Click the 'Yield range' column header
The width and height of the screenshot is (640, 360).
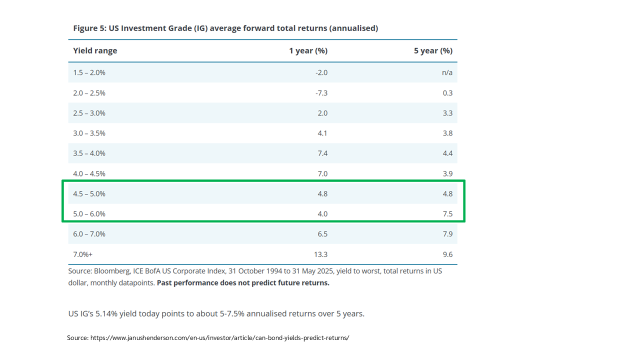pos(95,51)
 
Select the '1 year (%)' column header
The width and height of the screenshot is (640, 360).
pos(308,51)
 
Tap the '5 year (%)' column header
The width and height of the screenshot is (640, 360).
pos(433,51)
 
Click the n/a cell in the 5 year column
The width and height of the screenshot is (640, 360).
pos(447,72)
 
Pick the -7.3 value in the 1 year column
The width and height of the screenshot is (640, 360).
pos(321,93)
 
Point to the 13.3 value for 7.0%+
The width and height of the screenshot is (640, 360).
pos(320,254)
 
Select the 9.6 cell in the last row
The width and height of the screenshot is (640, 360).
pos(447,254)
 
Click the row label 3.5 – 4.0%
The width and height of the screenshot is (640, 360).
pos(89,153)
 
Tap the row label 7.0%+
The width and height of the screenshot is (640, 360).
pos(83,254)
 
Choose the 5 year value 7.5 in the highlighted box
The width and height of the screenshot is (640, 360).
pos(447,214)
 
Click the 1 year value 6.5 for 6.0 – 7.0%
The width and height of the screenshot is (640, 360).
pos(322,234)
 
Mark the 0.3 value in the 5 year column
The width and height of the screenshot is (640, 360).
pos(447,93)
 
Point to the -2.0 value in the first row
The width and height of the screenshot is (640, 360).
pos(321,72)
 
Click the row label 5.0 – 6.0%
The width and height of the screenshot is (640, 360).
pos(89,214)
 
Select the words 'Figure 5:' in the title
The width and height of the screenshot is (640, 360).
pos(90,28)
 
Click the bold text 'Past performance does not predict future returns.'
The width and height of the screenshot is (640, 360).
pos(243,283)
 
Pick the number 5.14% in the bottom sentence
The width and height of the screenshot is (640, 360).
pos(106,313)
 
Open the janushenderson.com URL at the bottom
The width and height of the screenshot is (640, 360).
pos(219,338)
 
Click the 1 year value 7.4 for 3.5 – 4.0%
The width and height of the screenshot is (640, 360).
pos(322,153)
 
